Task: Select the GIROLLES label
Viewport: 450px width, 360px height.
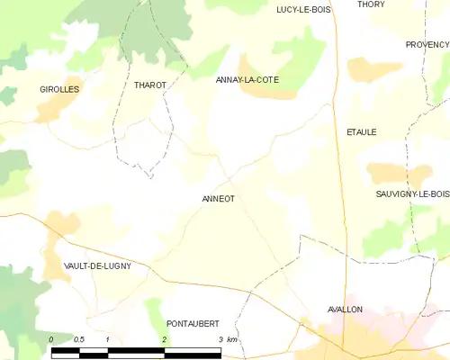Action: [x=59, y=90]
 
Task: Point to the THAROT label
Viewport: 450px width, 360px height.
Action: [x=150, y=85]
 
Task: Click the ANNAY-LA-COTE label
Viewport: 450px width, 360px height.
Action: [x=247, y=80]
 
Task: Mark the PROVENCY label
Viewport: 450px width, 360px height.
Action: [x=427, y=44]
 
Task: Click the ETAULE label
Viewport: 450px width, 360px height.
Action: [x=361, y=132]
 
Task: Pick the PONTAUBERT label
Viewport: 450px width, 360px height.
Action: [x=193, y=323]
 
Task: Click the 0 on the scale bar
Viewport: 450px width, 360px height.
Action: [x=51, y=339]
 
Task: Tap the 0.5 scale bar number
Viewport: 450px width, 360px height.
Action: [x=78, y=339]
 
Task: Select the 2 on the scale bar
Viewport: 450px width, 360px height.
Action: [x=164, y=339]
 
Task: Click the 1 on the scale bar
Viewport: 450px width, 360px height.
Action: [x=107, y=339]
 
